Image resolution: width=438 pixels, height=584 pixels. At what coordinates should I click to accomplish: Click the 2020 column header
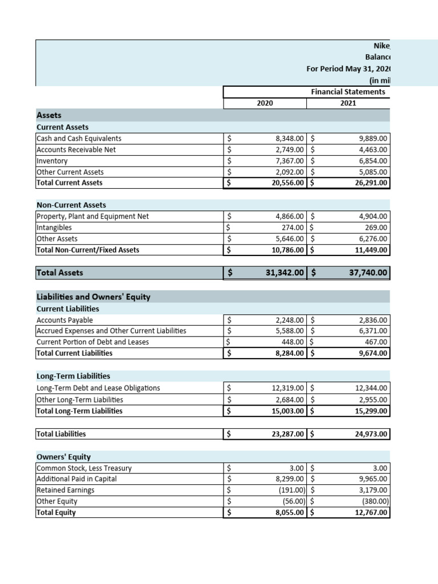pyautogui.click(x=265, y=103)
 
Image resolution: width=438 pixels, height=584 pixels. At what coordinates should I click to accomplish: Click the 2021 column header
pyautogui.click(x=348, y=103)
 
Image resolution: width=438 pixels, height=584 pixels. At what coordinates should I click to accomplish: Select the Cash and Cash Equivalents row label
pyautogui.click(x=79, y=139)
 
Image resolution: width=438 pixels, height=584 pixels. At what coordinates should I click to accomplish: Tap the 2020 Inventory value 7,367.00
pyautogui.click(x=290, y=161)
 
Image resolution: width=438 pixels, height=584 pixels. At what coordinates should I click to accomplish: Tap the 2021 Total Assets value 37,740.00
pyautogui.click(x=368, y=273)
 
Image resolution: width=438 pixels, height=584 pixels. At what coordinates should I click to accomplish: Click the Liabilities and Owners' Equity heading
pyautogui.click(x=94, y=297)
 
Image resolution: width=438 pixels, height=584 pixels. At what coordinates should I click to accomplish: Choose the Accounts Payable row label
pyautogui.click(x=64, y=320)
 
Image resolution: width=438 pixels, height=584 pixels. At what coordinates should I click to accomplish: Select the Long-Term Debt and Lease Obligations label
pyautogui.click(x=98, y=388)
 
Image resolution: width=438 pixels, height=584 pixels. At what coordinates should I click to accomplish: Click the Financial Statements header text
pyautogui.click(x=348, y=91)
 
